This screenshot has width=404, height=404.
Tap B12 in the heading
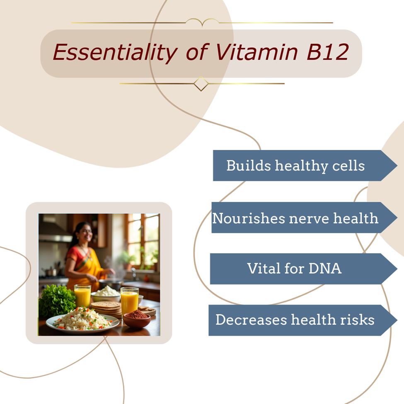[327, 52]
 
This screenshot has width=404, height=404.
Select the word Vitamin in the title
[256, 52]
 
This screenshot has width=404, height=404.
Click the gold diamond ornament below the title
[201, 84]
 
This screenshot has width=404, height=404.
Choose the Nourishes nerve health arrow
[304, 218]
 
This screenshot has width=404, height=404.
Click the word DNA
[325, 268]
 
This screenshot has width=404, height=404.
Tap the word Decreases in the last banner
[251, 320]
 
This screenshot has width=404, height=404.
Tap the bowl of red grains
[137, 319]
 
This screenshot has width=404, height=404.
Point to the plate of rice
[83, 320]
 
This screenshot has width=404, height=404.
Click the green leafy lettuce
[57, 300]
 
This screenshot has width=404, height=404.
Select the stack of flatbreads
[106, 308]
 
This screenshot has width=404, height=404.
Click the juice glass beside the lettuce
[82, 296]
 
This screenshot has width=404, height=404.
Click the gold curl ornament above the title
[202, 22]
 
